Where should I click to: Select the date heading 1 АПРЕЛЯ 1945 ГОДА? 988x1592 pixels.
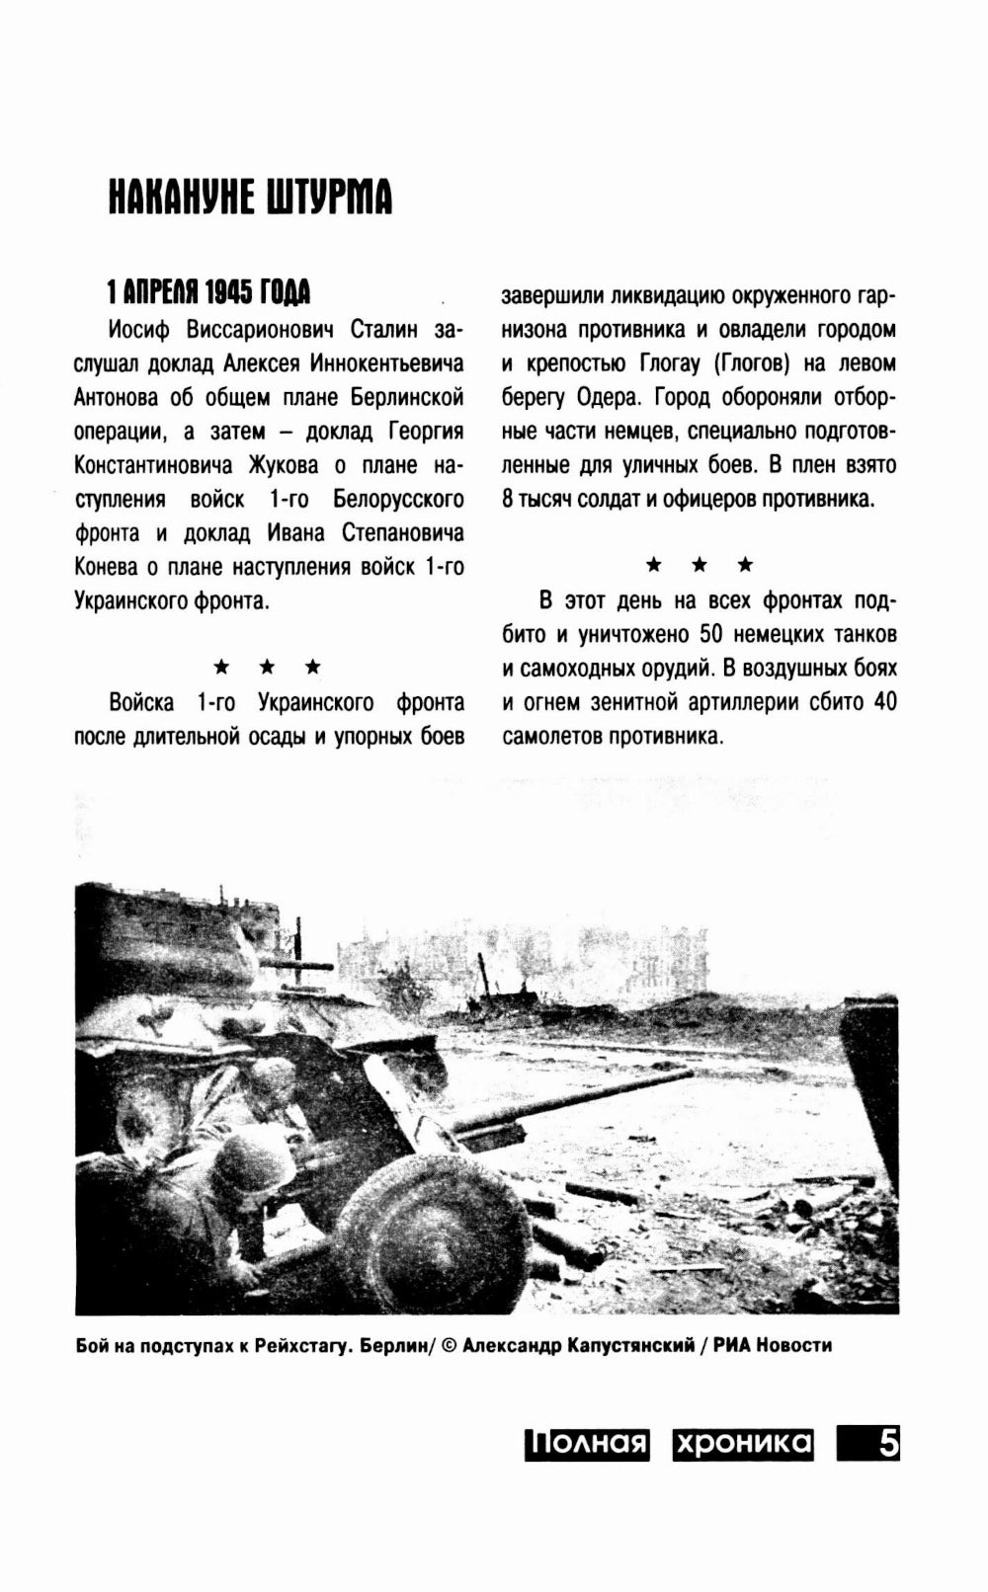pyautogui.click(x=208, y=292)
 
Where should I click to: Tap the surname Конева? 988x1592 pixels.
pyautogui.click(x=108, y=567)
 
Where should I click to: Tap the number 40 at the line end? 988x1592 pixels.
pyautogui.click(x=883, y=702)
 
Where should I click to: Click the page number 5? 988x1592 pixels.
pyautogui.click(x=887, y=1444)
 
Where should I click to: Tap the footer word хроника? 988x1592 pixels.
pyautogui.click(x=742, y=1444)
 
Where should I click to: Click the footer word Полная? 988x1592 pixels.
pyautogui.click(x=586, y=1444)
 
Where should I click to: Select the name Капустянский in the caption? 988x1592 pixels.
pyautogui.click(x=623, y=1345)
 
